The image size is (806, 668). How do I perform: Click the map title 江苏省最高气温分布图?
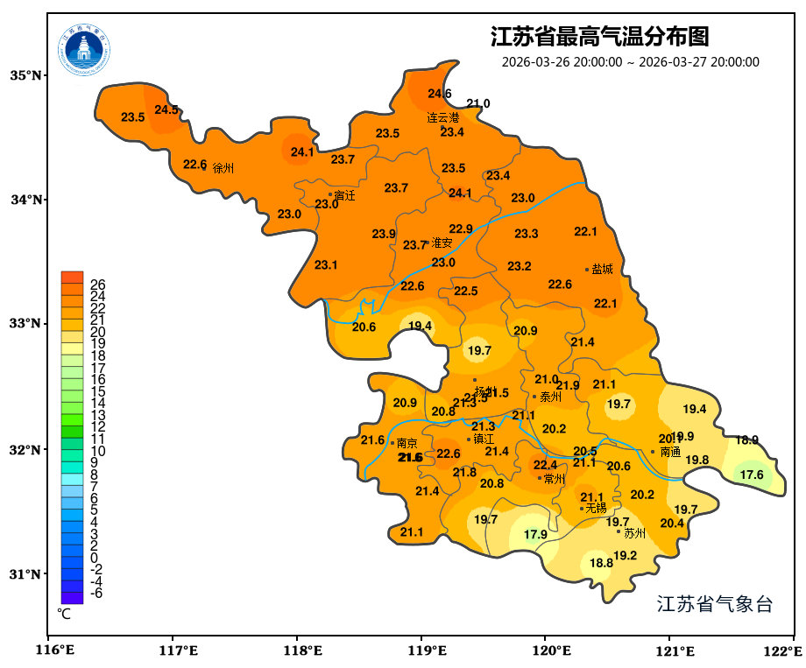599,38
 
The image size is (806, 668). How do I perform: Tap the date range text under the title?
630,62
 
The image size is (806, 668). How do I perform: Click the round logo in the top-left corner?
85,49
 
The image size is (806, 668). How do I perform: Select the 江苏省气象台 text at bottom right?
714,604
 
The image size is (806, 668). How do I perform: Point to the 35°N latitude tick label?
25,75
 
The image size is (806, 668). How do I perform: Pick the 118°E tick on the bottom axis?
297,651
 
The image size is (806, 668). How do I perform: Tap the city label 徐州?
223,168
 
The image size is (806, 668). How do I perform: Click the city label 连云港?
442,117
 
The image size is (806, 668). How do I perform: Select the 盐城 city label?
603,270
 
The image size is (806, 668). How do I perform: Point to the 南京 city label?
407,443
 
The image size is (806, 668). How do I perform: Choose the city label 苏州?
634,532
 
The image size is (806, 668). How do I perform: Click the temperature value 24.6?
440,94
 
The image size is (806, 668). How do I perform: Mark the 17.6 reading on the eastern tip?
752,475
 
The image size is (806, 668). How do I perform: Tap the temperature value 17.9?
535,534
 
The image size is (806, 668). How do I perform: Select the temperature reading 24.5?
166,109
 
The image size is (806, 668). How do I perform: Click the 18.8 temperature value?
601,563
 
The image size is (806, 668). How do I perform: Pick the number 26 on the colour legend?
97,285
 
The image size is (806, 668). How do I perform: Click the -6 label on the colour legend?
96,593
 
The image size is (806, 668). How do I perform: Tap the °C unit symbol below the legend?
64,614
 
